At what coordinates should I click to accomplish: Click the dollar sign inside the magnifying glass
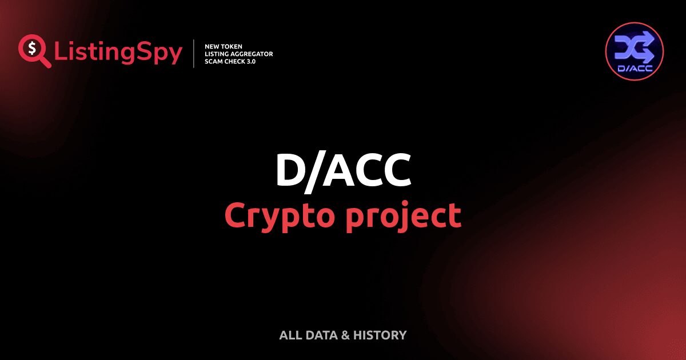31,48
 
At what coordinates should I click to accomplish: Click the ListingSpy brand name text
118,53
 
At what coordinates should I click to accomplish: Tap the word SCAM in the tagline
213,61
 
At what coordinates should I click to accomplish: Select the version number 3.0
252,61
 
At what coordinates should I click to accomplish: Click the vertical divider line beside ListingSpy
194,54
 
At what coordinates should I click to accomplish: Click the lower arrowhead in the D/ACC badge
647,55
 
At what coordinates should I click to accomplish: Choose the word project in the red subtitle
404,216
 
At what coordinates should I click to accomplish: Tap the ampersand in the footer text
345,335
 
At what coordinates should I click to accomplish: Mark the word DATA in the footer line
320,335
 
